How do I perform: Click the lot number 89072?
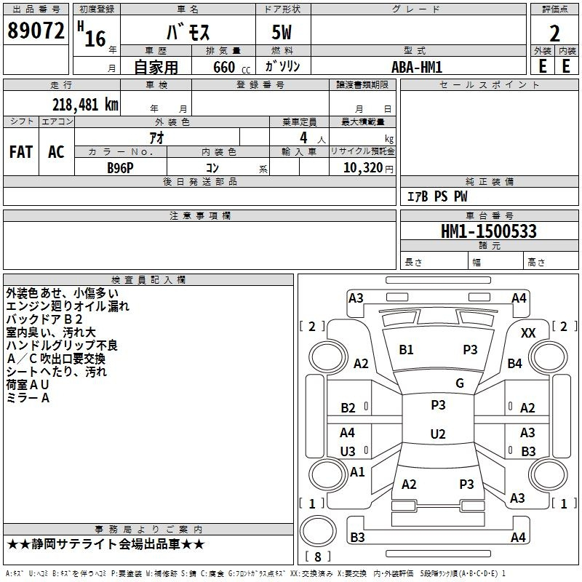pyautogui.click(x=36, y=31)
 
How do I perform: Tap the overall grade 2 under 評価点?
pyautogui.click(x=554, y=33)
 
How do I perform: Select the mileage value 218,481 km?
pyautogui.click(x=85, y=105)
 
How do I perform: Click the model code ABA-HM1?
pyautogui.click(x=417, y=67)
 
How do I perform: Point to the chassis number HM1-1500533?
pyautogui.click(x=489, y=231)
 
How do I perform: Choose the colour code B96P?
pyautogui.click(x=120, y=168)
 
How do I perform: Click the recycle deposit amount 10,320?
pyautogui.click(x=362, y=168)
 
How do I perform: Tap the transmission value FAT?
pyautogui.click(x=21, y=152)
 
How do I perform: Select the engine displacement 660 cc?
pyautogui.click(x=231, y=68)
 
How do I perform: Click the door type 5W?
pyautogui.click(x=282, y=32)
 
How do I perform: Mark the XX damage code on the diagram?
pyautogui.click(x=528, y=333)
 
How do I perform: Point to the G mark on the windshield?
pyautogui.click(x=460, y=383)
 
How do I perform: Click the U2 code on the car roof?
pyautogui.click(x=438, y=434)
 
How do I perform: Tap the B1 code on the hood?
pyautogui.click(x=406, y=350)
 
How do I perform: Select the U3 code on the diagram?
pyautogui.click(x=348, y=452)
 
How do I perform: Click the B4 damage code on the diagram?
pyautogui.click(x=515, y=363)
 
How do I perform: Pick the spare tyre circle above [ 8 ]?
pyautogui.click(x=318, y=531)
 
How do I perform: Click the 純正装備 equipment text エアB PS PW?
pyautogui.click(x=437, y=196)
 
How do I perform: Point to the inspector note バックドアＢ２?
pyautogui.click(x=44, y=319)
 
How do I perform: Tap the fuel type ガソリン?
pyautogui.click(x=282, y=66)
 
